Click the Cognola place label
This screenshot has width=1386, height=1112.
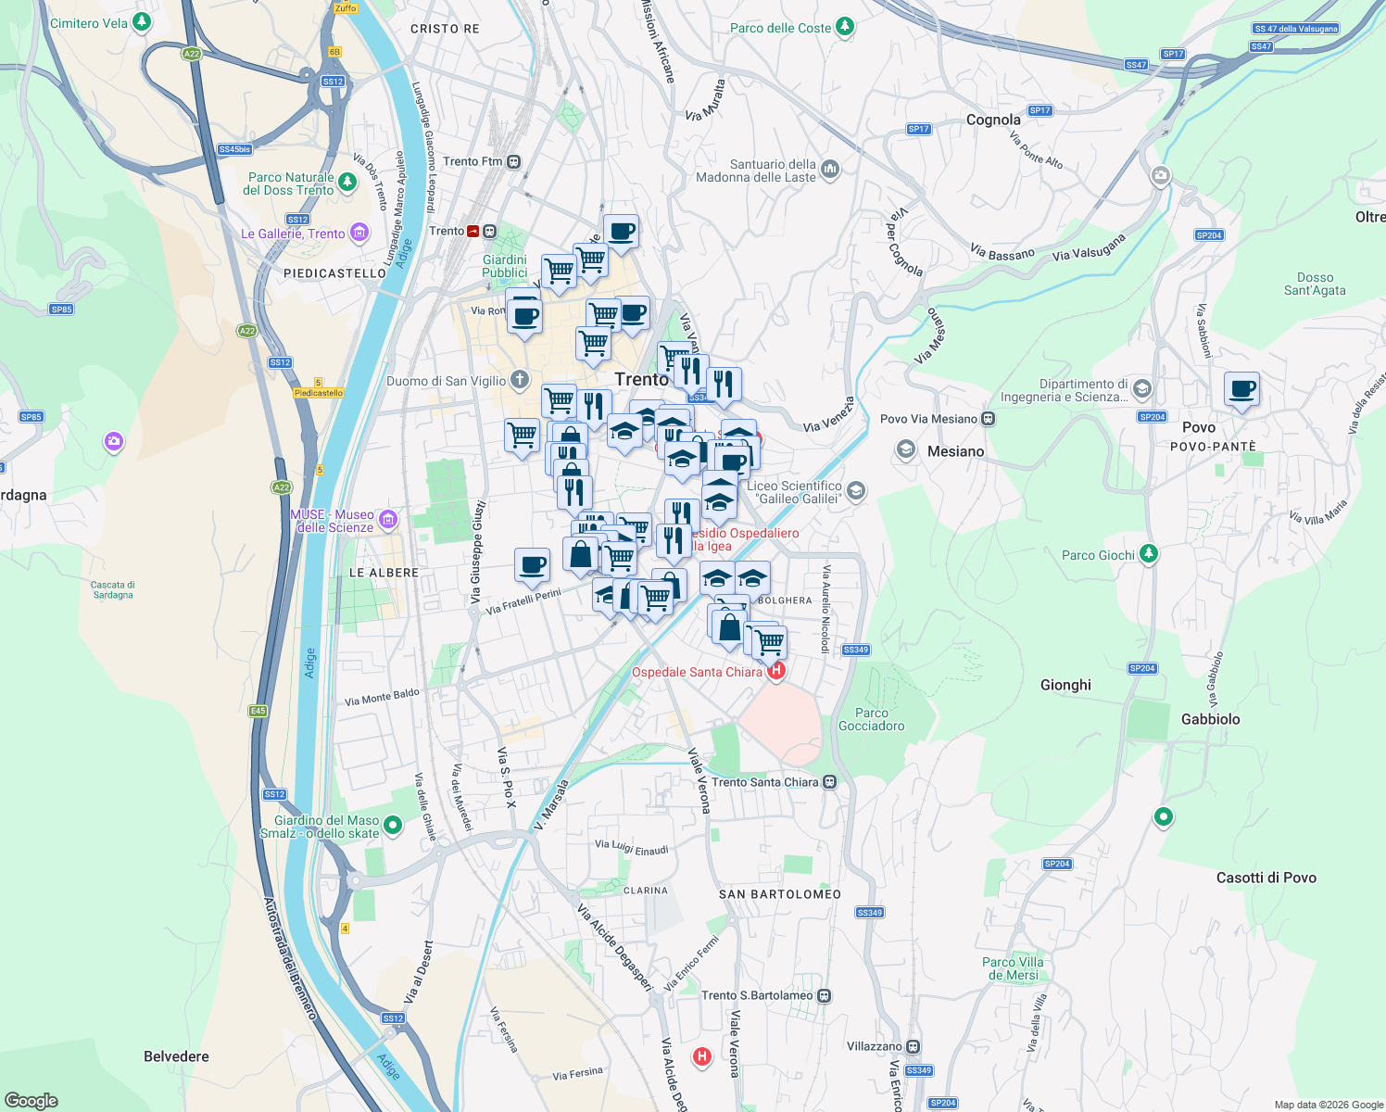pyautogui.click(x=993, y=120)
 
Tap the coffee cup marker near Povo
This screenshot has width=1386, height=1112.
pyautogui.click(x=1241, y=389)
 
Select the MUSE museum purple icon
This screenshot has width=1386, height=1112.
pyautogui.click(x=388, y=520)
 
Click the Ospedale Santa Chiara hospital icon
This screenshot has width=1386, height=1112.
pyautogui.click(x=776, y=671)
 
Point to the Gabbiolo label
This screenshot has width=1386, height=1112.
pyautogui.click(x=1210, y=719)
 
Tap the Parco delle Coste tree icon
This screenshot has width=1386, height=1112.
pyautogui.click(x=844, y=27)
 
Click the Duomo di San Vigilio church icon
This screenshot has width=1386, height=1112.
pyautogui.click(x=520, y=380)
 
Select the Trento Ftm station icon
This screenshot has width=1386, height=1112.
pyautogui.click(x=514, y=161)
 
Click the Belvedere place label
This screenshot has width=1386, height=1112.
pyautogui.click(x=176, y=1056)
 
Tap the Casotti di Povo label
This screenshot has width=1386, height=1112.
pyautogui.click(x=1266, y=878)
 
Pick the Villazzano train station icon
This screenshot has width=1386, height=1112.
pyautogui.click(x=913, y=1046)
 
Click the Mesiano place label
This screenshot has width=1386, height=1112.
pyautogui.click(x=955, y=451)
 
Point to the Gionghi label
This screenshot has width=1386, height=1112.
pyautogui.click(x=1065, y=685)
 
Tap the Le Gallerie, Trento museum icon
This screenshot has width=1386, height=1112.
pyautogui.click(x=360, y=233)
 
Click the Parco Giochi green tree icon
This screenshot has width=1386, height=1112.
pyautogui.click(x=1149, y=554)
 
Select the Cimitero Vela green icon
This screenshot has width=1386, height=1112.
pyautogui.click(x=142, y=21)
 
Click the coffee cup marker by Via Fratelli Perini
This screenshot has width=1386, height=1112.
pyautogui.click(x=532, y=565)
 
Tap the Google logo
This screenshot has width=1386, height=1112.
pyautogui.click(x=31, y=1101)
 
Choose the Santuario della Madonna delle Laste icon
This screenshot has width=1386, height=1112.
pyautogui.click(x=830, y=169)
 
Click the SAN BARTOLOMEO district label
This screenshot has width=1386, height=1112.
pyautogui.click(x=780, y=894)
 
